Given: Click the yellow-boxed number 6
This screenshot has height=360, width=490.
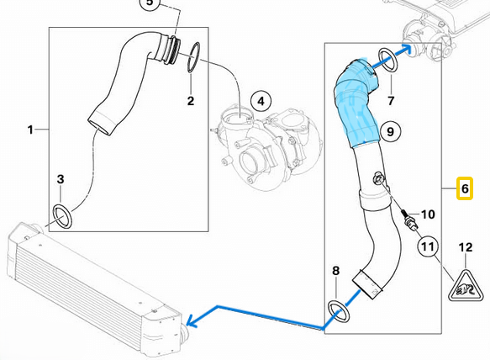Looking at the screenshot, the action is [465, 188].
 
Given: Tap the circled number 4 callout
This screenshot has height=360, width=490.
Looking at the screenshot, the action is [261, 101].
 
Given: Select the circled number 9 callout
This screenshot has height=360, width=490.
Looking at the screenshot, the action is [390, 131].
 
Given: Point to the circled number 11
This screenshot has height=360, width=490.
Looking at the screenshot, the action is [428, 246].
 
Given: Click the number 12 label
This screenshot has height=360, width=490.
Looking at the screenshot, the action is [466, 247].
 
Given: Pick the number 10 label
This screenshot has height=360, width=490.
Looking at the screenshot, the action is [428, 214].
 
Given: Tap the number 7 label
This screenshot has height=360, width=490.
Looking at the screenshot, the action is [391, 101].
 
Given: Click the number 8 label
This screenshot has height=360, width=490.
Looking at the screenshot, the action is [336, 271].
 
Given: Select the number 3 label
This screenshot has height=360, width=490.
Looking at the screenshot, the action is [61, 179].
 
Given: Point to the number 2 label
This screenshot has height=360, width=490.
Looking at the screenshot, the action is [191, 101].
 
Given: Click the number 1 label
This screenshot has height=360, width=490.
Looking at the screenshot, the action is [30, 130].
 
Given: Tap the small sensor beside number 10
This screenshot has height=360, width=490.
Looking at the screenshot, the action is [409, 221].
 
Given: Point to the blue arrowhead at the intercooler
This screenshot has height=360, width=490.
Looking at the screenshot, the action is [192, 320].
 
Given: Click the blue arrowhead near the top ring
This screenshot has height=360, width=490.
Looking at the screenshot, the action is [406, 49].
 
